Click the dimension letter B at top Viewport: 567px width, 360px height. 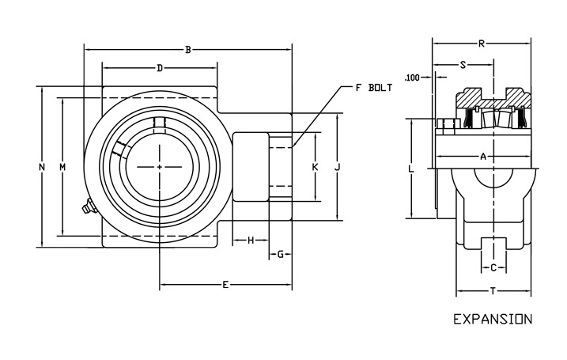point(187,50)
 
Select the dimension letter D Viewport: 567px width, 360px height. point(160,69)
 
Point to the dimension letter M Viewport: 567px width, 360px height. point(62,167)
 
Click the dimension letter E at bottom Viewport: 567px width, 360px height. point(225,284)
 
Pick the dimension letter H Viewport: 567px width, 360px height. point(251,240)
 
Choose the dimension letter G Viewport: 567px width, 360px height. point(281,254)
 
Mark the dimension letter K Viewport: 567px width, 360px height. point(315,167)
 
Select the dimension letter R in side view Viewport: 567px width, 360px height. point(482,44)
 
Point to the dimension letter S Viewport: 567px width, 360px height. point(463,65)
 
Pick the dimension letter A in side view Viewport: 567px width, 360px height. point(483,157)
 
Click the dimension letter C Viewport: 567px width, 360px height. point(493,267)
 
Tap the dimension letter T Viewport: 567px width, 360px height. point(493,291)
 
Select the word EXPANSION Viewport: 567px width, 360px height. point(492,320)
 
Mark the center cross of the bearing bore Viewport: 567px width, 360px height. point(160,167)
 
